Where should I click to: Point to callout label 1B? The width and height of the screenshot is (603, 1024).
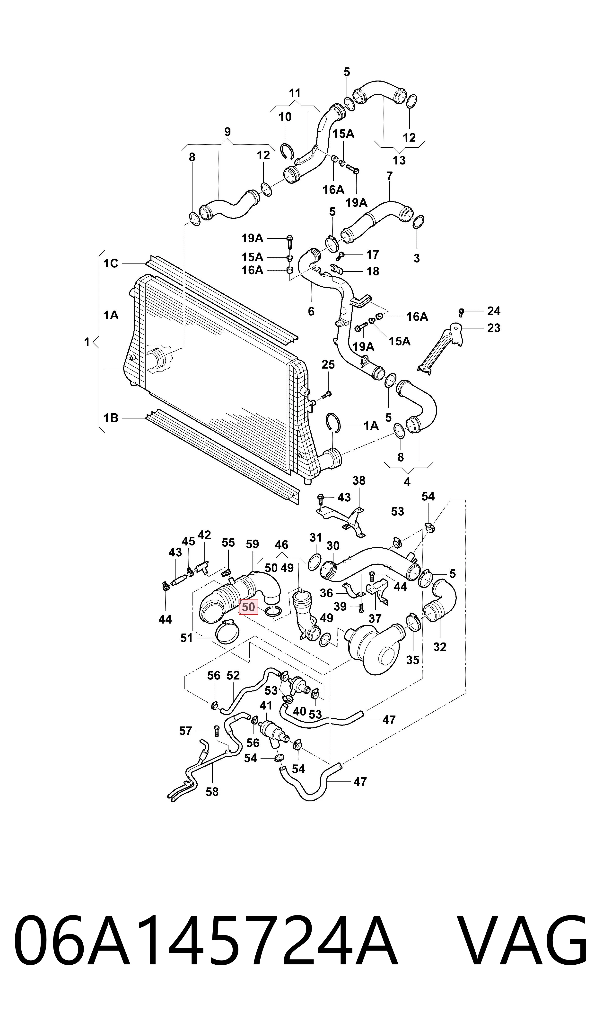pos(111,418)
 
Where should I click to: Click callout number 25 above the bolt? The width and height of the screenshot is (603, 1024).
pos(328,364)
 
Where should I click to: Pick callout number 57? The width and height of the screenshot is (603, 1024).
pos(185,731)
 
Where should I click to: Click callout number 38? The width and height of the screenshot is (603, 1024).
pos(359,481)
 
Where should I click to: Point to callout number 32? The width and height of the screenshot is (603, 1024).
pos(440,647)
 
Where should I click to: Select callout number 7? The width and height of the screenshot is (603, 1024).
pos(389,176)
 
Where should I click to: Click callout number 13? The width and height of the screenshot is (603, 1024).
pos(399,160)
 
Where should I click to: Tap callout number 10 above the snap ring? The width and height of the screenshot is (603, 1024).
pos(285,117)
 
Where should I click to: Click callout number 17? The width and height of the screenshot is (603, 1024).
pos(373,254)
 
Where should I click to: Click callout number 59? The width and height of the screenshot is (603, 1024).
pos(252,544)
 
